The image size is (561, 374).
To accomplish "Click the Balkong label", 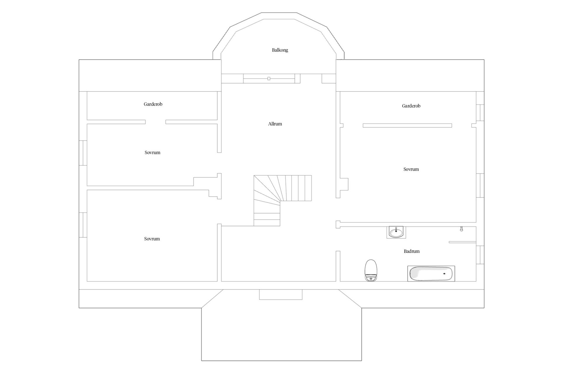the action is coord(280,50).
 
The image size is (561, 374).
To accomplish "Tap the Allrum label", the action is coord(275,124).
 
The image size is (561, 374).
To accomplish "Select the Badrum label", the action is coord(412,251).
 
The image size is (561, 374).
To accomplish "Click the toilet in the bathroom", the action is coord(371,270).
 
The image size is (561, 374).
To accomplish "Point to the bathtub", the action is coord(431,274).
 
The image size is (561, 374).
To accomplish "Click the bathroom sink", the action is coord(396,232).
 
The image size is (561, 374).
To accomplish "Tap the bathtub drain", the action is coord(444,274).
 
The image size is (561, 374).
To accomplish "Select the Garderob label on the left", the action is coord(153,104).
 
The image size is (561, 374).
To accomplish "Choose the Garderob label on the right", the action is coord(411,106).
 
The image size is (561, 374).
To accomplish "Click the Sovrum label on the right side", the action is coord(411,169).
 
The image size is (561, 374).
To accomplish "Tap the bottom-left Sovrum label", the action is coord(152,239).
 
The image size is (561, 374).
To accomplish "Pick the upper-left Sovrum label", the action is coord(153,153).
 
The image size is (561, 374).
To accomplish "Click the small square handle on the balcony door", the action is coord(269,79).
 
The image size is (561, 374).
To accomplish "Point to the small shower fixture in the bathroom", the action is coord(461,229).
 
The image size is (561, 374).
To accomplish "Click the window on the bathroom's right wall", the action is coord(480,255).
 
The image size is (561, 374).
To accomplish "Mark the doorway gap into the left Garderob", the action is coord(155,122).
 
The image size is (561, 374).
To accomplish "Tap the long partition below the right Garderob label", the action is coord(407,125).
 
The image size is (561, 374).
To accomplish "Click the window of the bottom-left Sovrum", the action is coord(83,225).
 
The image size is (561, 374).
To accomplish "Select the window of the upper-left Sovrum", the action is coord(83,153).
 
